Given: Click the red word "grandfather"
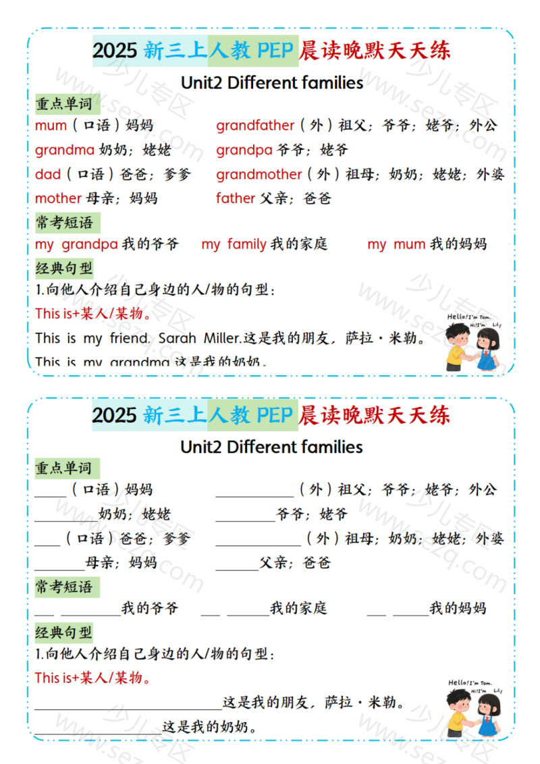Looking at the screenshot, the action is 255,126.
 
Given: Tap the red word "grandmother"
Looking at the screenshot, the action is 259,174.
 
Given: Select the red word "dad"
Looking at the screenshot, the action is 48,174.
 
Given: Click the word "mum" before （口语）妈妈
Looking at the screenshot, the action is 51,126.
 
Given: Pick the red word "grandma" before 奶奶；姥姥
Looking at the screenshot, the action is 64,150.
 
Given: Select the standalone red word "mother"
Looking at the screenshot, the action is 58,198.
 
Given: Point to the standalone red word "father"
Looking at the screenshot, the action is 236,198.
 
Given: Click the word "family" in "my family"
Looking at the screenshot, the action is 246,244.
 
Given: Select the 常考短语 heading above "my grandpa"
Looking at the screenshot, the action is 64,222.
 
